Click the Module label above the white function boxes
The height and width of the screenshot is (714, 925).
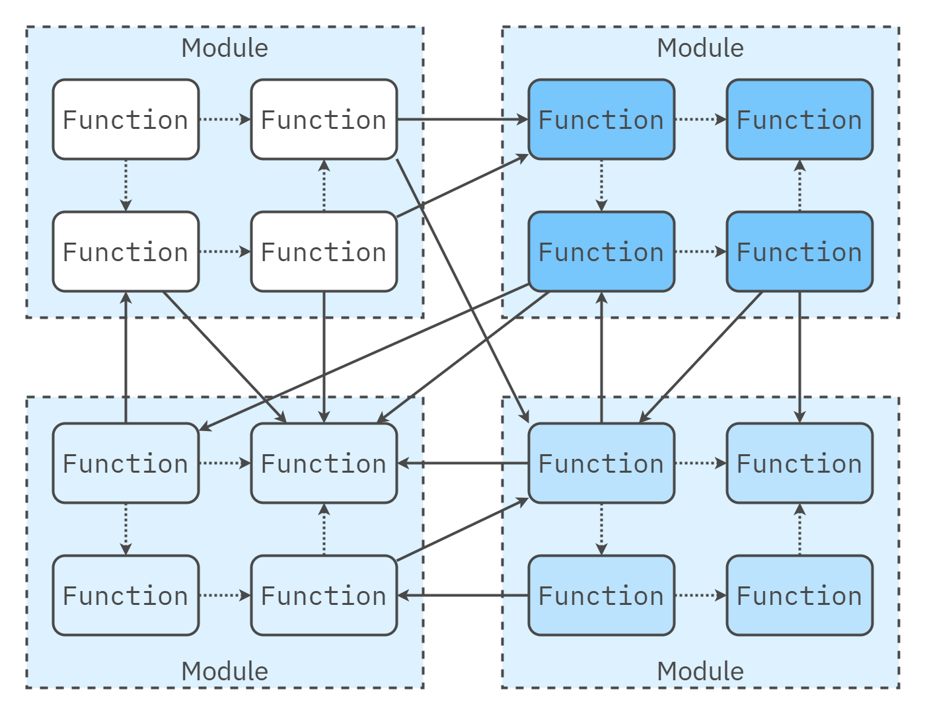225,48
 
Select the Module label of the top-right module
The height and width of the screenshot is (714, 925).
700,48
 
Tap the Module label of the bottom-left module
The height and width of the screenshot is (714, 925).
225,671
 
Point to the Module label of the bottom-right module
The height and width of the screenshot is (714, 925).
700,671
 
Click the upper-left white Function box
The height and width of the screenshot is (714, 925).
126,120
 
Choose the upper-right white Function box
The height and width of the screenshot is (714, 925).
324,120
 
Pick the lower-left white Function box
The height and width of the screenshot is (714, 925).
126,252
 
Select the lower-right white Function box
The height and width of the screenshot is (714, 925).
324,252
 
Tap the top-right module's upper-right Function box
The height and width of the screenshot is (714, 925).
799,120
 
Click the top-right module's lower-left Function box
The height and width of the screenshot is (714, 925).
601,252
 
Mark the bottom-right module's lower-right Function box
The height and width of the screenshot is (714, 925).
799,596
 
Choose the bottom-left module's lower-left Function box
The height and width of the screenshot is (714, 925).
126,596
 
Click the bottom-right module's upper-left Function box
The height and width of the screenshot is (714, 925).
601,463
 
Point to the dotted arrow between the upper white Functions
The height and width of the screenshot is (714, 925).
225,120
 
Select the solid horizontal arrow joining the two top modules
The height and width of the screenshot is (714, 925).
462,120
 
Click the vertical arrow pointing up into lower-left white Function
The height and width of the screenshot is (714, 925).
126,357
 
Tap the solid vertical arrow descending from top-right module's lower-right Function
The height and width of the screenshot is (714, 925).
799,357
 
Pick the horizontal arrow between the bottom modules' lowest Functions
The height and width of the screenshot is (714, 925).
462,596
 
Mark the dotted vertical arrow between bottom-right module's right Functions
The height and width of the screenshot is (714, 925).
799,529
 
